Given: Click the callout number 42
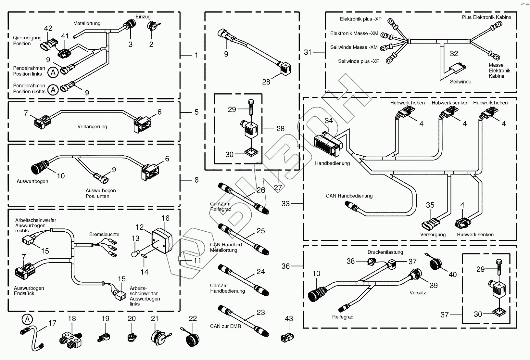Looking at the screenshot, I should pos(48,28).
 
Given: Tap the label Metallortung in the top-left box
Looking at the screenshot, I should pos(87,23).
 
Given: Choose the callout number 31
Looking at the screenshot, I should pos(308,52).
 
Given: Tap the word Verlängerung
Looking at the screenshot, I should pos(92,127).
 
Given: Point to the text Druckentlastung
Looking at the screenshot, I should pos(385,252).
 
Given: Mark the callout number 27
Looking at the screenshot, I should pos(278,187).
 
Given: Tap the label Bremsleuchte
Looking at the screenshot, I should pos(104,234).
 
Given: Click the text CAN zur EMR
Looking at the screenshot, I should pos(225,326).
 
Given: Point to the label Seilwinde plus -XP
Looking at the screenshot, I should pos(359,61).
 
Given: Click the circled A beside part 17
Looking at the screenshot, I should pos(28,320).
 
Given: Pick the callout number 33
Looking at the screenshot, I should pos(285,204).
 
